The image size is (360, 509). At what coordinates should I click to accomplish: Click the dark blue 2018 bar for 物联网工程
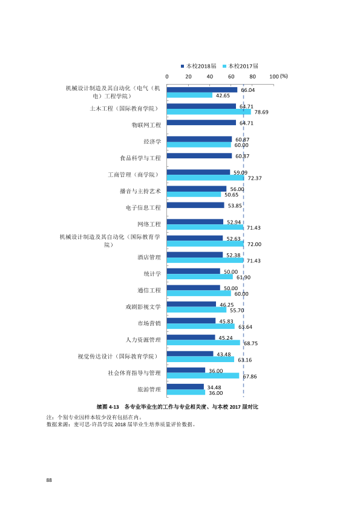click(x=201, y=122)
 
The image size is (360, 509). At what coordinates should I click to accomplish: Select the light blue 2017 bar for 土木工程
click(x=209, y=112)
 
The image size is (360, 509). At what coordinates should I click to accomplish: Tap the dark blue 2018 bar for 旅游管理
click(x=185, y=387)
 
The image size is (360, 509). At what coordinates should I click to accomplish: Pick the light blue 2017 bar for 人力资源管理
click(x=203, y=343)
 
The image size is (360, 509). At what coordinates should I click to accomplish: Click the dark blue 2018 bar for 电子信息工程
click(x=195, y=205)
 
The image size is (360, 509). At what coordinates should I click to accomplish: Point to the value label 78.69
click(x=261, y=112)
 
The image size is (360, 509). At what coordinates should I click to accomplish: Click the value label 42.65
click(x=223, y=96)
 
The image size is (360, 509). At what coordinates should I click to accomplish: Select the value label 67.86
click(x=250, y=377)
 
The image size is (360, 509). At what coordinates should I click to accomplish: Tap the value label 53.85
click(x=235, y=206)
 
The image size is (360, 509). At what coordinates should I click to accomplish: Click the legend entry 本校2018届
click(x=198, y=66)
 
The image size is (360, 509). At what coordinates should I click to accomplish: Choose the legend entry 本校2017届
click(x=240, y=66)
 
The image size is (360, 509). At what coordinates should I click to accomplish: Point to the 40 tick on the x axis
click(x=210, y=77)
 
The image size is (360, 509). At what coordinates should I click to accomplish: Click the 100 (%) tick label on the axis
click(x=278, y=76)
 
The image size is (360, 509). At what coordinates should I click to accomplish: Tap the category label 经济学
click(x=152, y=141)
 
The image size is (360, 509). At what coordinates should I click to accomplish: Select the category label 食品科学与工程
click(x=140, y=158)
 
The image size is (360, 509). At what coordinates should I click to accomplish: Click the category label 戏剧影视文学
click(x=143, y=306)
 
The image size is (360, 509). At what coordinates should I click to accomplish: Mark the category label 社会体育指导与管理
click(x=134, y=373)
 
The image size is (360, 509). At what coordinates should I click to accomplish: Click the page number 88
click(x=49, y=480)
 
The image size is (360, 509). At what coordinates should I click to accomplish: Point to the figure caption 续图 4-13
click(x=108, y=407)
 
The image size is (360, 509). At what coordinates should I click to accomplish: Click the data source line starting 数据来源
click(x=121, y=424)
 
